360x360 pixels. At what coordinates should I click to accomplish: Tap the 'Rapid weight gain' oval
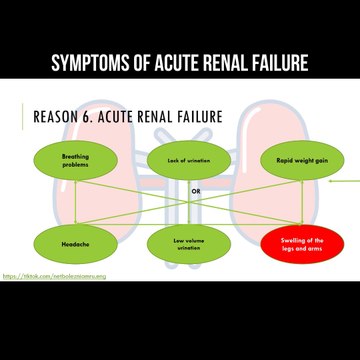[x=289, y=161]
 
